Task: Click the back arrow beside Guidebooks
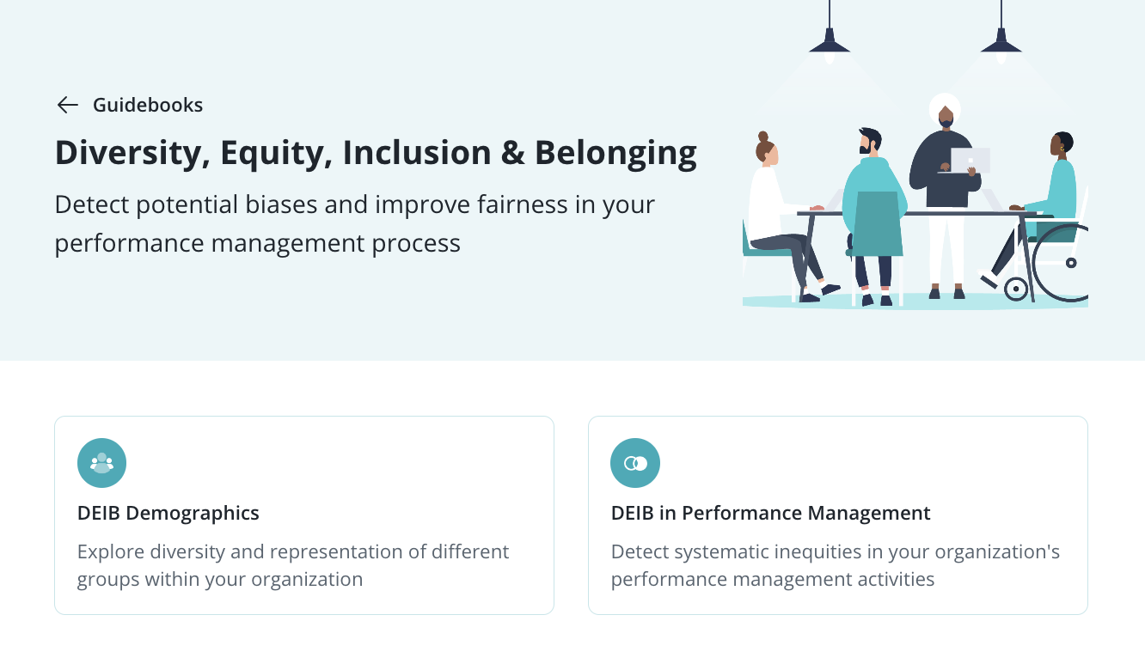[x=67, y=105]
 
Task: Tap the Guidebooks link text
[x=148, y=105]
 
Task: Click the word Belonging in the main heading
[x=615, y=154]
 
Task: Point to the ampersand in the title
[x=512, y=153]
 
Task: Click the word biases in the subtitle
[x=281, y=204]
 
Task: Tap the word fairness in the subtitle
[x=523, y=204]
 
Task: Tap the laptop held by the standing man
[x=969, y=161]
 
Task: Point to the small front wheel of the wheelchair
[x=1016, y=289]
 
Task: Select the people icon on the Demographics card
[x=101, y=463]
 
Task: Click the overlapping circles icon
[x=635, y=463]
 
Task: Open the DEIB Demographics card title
[x=168, y=513]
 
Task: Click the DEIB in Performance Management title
[x=771, y=513]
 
